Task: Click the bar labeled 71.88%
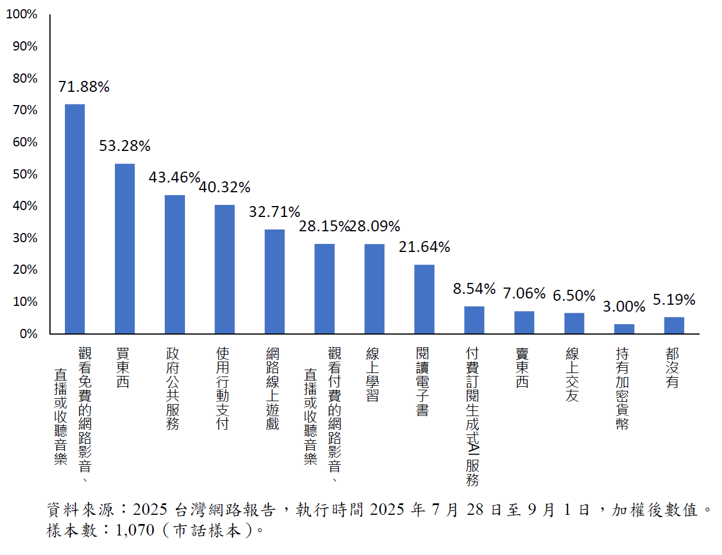(75, 219)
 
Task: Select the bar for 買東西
(125, 249)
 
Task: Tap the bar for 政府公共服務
(175, 264)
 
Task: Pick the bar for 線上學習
(374, 289)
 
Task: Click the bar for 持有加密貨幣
(624, 329)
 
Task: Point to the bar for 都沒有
(674, 325)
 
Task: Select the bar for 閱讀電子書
(424, 299)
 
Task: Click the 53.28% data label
(125, 146)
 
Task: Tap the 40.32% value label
(225, 188)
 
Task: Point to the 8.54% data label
(474, 289)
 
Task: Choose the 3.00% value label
(624, 307)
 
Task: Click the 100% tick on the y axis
(22, 14)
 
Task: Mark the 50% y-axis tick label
(25, 174)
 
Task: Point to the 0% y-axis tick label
(28, 333)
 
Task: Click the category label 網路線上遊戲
(272, 388)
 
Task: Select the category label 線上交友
(572, 374)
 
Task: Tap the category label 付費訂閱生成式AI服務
(473, 416)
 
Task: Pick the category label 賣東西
(522, 367)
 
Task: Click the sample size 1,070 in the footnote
(135, 530)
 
